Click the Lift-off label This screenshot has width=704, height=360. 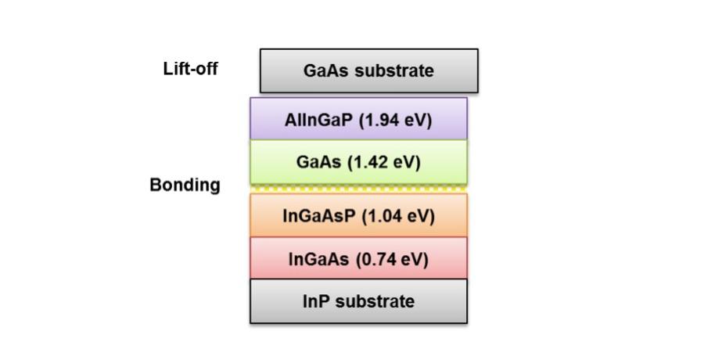point(190,69)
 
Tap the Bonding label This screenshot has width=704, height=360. point(185,185)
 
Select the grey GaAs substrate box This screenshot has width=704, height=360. point(369,71)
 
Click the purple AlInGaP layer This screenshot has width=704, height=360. point(359,119)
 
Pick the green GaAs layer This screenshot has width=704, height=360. point(359,162)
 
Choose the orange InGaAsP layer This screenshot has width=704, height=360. point(359,215)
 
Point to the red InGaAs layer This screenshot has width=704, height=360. point(359,258)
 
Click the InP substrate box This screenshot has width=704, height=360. point(359,301)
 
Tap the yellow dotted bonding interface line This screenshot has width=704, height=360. point(359,189)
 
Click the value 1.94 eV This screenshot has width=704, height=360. point(396,121)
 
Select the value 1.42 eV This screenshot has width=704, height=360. point(384,162)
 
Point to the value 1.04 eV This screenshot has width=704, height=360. point(398,216)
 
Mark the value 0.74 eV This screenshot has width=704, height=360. point(393,259)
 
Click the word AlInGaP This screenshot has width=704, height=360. point(320,121)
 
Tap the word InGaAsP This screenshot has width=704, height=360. point(320,216)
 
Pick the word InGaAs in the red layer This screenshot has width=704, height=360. point(319,259)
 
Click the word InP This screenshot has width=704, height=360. point(317,301)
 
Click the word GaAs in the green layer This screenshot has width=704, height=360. point(319,162)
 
